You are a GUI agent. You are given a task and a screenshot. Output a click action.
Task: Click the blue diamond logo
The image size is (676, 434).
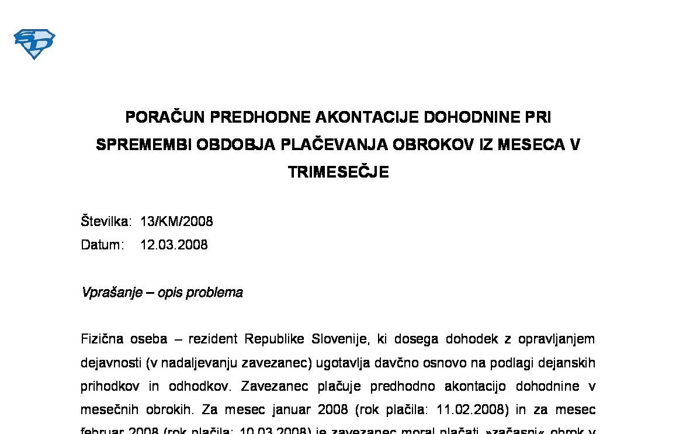34,44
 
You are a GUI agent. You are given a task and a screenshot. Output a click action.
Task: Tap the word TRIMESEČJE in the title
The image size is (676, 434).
338,172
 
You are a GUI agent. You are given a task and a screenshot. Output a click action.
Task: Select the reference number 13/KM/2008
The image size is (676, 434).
176,222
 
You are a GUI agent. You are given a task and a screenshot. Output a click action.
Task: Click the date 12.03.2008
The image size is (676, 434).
174,245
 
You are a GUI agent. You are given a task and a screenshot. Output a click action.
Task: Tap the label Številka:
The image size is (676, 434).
106,222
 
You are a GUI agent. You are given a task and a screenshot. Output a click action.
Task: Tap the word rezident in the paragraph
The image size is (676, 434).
213,339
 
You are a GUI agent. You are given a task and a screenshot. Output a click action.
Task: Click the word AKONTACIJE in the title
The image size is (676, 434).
367,117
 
